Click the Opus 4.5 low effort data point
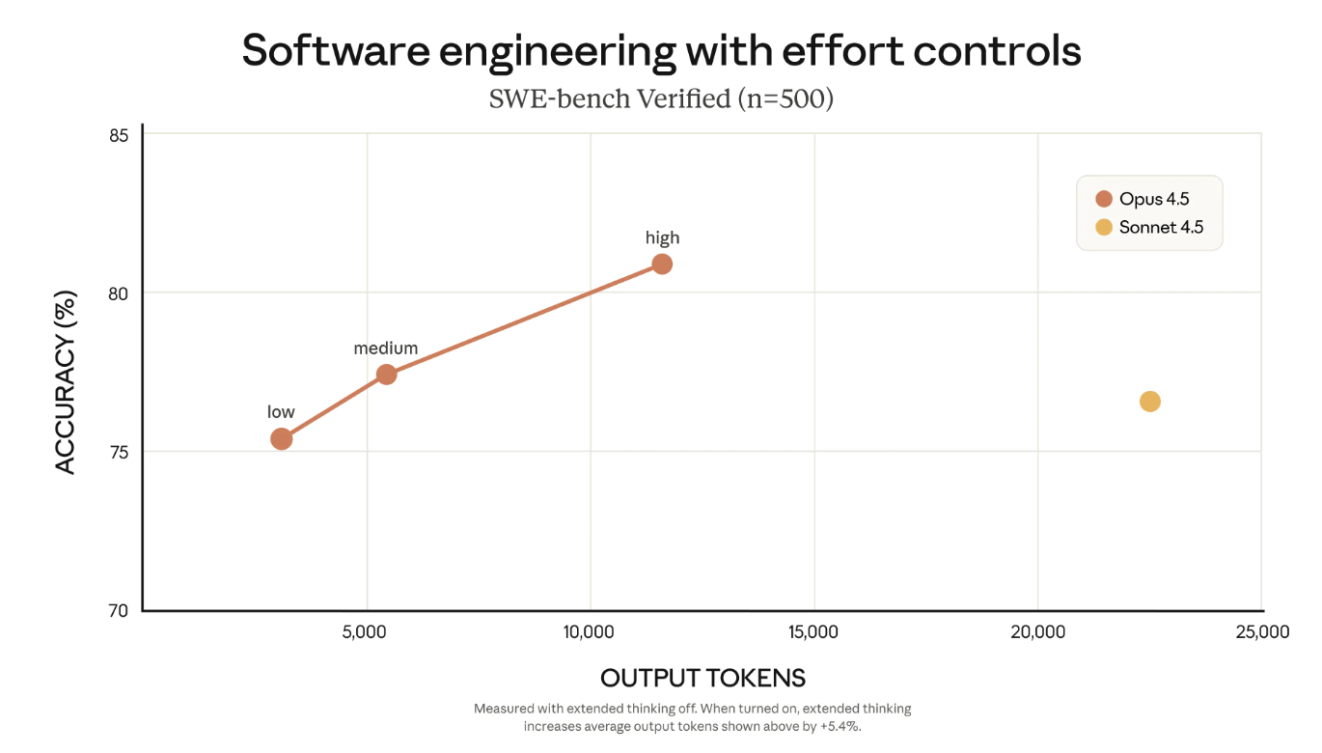pyautogui.click(x=281, y=439)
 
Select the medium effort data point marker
pyautogui.click(x=386, y=375)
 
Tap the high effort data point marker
pyautogui.click(x=662, y=264)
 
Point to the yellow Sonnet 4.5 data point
pyautogui.click(x=1149, y=402)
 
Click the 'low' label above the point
pyautogui.click(x=281, y=412)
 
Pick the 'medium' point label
pyautogui.click(x=386, y=349)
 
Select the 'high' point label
pyautogui.click(x=662, y=237)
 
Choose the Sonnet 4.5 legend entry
pyautogui.click(x=1149, y=228)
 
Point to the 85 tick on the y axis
pyautogui.click(x=119, y=135)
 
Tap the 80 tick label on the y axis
pyautogui.click(x=119, y=293)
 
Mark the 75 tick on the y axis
pyautogui.click(x=119, y=452)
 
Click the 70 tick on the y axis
pyautogui.click(x=119, y=610)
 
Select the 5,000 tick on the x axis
pyautogui.click(x=366, y=632)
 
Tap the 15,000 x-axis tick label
pyautogui.click(x=813, y=632)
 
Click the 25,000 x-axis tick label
pyautogui.click(x=1261, y=632)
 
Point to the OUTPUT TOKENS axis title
pyautogui.click(x=702, y=678)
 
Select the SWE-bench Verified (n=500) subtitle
pyautogui.click(x=661, y=98)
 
